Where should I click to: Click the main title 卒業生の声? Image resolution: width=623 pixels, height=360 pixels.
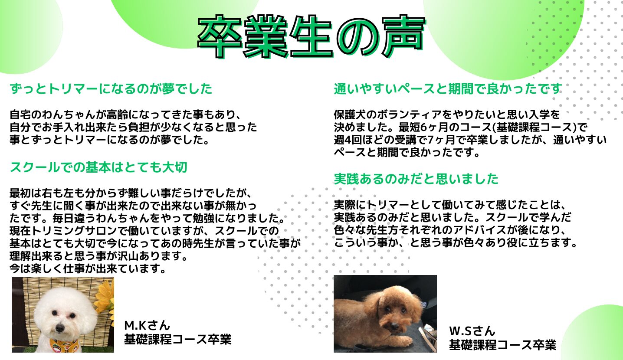pos(311,36)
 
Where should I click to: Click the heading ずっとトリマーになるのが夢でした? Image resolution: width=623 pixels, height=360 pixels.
pos(111,88)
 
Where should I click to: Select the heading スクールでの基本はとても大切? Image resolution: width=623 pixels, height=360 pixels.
pos(98,167)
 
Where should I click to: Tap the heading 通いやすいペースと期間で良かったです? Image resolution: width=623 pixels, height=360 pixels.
pos(447,88)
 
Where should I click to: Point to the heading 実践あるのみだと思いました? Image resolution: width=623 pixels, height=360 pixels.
pos(416,179)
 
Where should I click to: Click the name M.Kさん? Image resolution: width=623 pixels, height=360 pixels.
pos(147,325)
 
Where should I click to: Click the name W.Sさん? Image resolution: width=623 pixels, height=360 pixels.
pos(472,331)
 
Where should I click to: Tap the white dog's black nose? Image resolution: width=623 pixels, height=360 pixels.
pos(60,328)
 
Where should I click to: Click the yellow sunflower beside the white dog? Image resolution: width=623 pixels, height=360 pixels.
pos(105,300)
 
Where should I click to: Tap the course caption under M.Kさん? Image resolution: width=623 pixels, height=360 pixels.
pos(178,339)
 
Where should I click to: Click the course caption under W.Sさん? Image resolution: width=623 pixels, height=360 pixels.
pos(502,345)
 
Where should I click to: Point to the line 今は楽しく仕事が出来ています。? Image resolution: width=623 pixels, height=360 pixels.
pos(88,268)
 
